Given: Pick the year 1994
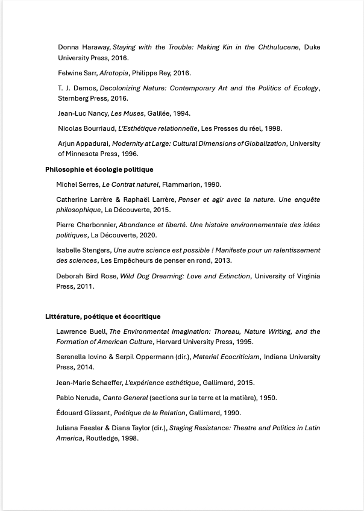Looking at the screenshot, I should (181, 113).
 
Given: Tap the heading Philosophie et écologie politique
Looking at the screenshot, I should (99, 169).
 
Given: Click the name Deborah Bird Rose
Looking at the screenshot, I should (86, 276).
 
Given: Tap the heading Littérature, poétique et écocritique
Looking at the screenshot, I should (102, 316).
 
